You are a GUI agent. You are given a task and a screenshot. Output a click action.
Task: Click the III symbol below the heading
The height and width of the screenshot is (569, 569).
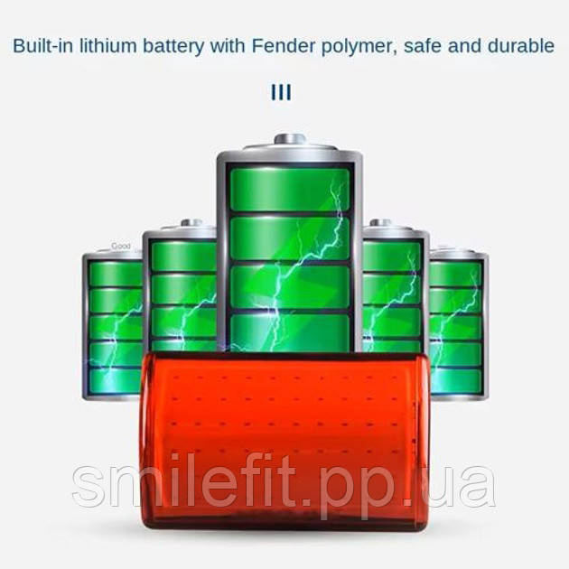[x=281, y=92]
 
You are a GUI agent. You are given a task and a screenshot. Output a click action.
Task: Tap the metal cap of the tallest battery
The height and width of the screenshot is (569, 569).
[x=289, y=141]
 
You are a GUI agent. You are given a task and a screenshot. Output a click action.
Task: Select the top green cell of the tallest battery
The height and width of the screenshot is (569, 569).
[x=289, y=187]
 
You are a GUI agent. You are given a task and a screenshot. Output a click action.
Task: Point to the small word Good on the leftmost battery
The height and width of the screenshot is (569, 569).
[x=120, y=246]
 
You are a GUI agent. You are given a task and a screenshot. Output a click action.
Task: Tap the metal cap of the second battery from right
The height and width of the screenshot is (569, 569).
[x=382, y=223]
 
